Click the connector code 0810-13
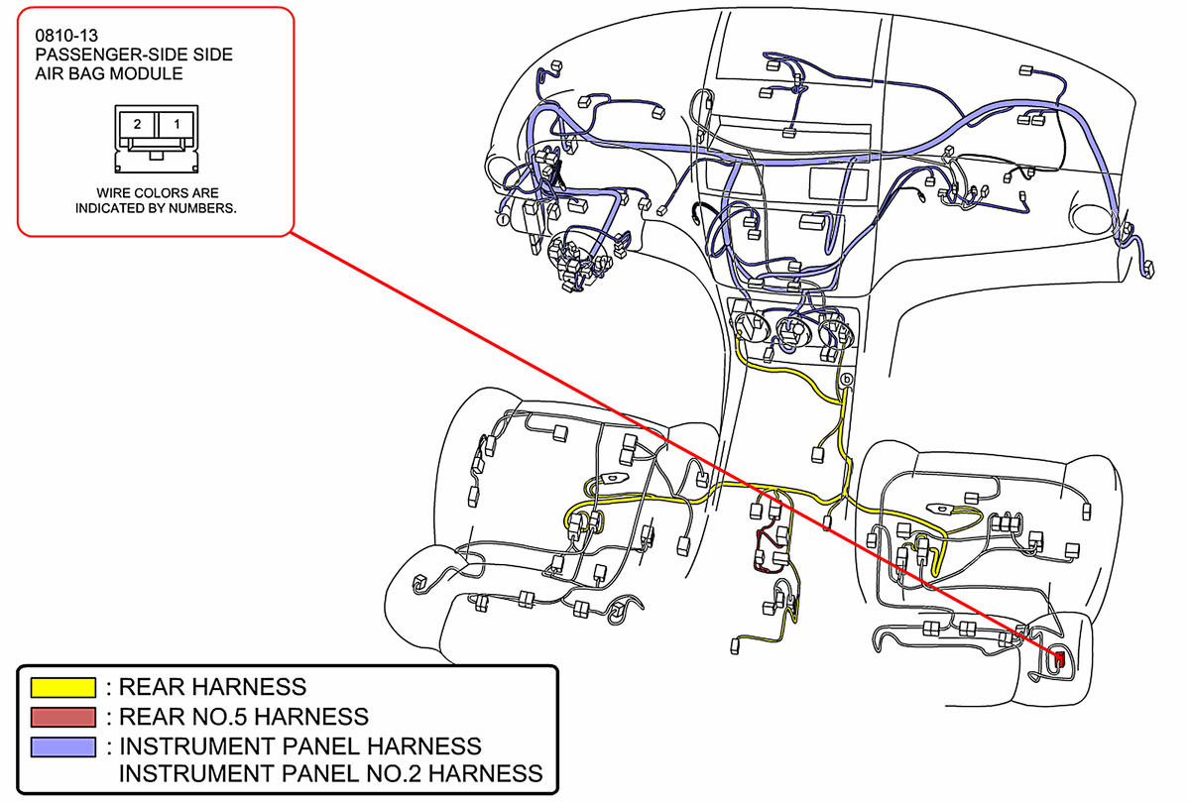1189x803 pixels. [x=65, y=36]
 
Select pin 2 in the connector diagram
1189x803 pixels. [x=138, y=124]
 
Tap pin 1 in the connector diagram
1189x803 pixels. [x=177, y=124]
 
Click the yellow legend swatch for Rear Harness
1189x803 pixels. [x=63, y=687]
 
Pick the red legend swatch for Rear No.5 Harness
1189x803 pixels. [x=63, y=716]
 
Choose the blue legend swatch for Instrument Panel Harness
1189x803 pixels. [x=63, y=746]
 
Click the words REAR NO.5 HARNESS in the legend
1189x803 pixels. [x=244, y=716]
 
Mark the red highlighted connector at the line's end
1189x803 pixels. [x=1059, y=657]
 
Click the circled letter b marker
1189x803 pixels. [x=846, y=380]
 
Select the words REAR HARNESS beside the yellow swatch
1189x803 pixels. [x=212, y=686]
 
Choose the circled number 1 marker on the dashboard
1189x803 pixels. [x=503, y=219]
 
